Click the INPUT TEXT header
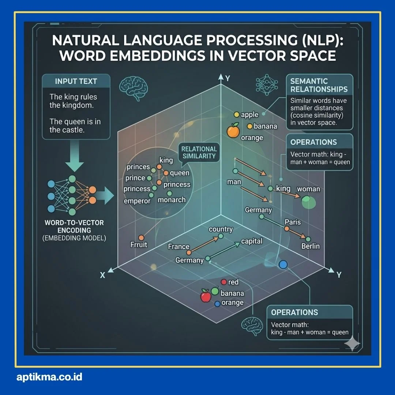tap(76, 81)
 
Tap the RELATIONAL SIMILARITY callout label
tap(199, 153)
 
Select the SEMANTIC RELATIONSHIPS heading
tap(319, 85)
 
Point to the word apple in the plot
tap(250, 115)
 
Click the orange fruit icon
tap(233, 131)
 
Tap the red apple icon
tap(206, 296)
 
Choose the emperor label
tap(137, 201)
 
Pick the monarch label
tap(172, 200)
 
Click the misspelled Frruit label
tap(139, 244)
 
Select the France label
tap(178, 247)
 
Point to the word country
tap(221, 229)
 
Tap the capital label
tap(252, 241)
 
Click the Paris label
tap(293, 222)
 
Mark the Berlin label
tap(311, 246)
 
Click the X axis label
tap(102, 275)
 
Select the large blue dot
tap(282, 265)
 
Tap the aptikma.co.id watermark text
tap(49, 377)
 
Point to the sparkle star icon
tap(352, 344)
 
